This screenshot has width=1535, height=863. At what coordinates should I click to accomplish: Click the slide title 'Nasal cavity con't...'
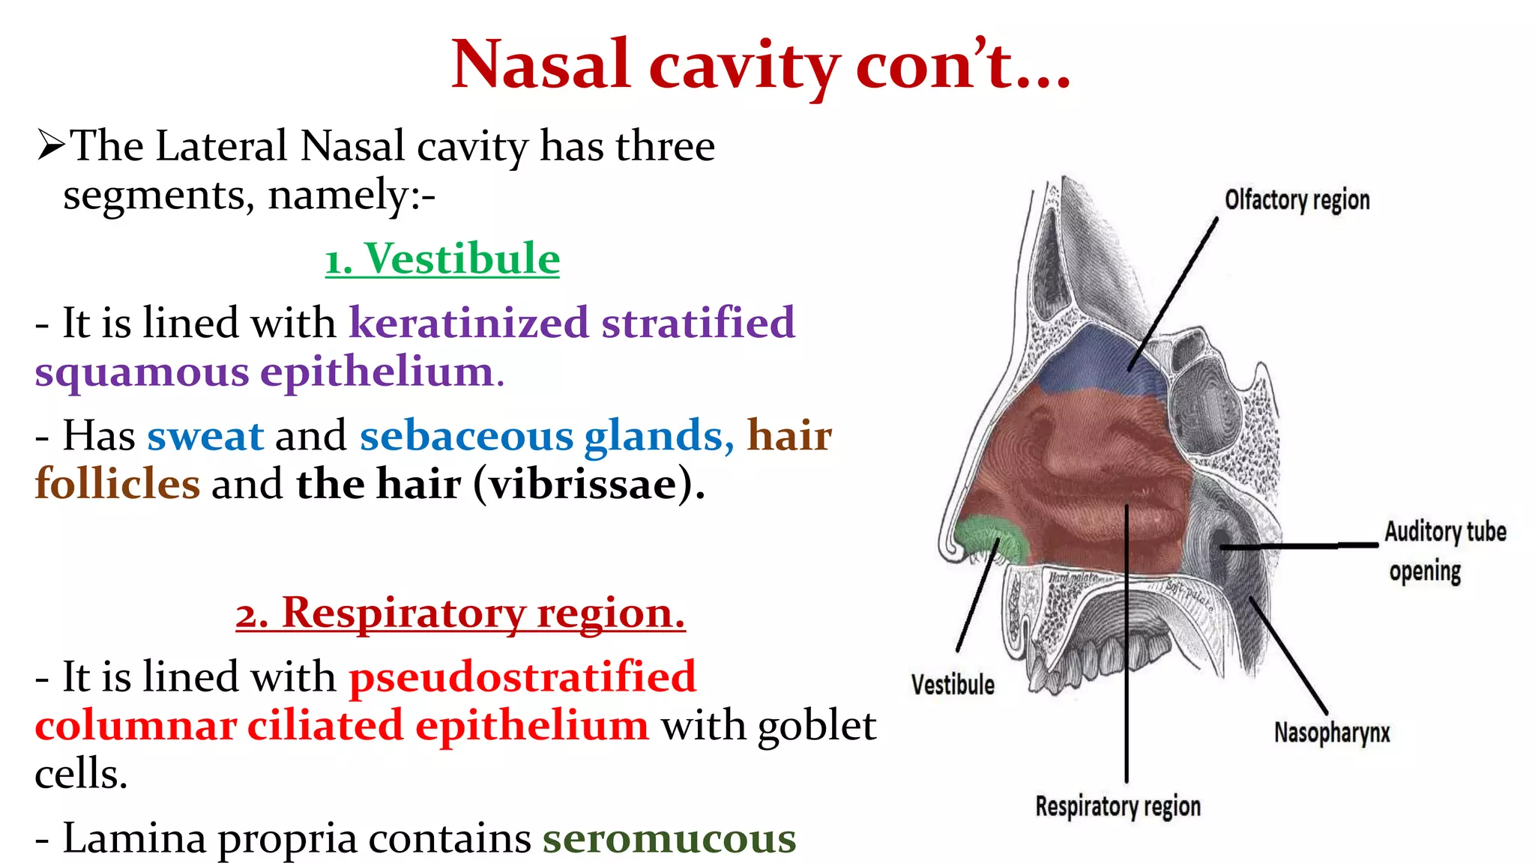point(761,64)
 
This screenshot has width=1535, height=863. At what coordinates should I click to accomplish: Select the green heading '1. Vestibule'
point(442,259)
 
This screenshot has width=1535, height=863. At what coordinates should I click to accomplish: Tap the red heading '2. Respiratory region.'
point(460,613)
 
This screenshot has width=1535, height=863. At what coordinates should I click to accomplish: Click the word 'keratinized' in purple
point(468,323)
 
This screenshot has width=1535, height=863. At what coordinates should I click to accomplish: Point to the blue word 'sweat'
point(205,436)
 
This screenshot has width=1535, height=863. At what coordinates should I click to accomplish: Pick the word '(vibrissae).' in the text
point(589,484)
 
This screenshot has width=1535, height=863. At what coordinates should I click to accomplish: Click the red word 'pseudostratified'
point(522,676)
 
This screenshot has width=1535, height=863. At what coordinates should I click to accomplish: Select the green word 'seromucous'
point(669,838)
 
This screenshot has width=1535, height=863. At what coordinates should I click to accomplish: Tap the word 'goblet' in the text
point(817,725)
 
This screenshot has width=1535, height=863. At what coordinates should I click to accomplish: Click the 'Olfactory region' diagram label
point(1297,200)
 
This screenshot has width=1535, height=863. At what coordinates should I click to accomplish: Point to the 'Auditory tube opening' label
point(1444,551)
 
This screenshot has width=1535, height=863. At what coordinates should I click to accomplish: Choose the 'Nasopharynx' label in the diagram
point(1332,732)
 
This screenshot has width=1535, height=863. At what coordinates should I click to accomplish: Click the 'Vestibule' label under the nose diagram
point(953,685)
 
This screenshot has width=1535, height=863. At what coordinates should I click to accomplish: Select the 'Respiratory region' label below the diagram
point(1118,807)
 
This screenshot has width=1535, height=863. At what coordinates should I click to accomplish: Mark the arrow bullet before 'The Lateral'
point(51,145)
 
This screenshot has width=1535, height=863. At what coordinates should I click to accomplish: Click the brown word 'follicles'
point(118,484)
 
